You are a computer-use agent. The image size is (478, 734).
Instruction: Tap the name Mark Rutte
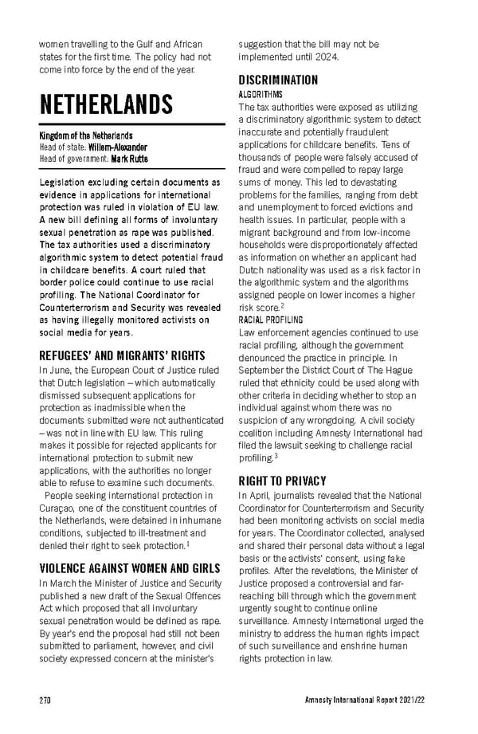(129, 159)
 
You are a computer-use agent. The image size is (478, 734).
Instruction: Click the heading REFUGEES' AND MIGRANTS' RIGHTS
(122, 355)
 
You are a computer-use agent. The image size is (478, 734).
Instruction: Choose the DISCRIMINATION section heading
(278, 80)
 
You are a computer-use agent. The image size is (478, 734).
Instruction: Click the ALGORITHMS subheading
(255, 94)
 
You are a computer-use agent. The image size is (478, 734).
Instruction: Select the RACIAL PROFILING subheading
(271, 320)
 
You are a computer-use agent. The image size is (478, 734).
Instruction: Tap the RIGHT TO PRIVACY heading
(283, 481)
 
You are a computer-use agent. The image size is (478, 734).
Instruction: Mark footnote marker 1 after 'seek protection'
(186, 544)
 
